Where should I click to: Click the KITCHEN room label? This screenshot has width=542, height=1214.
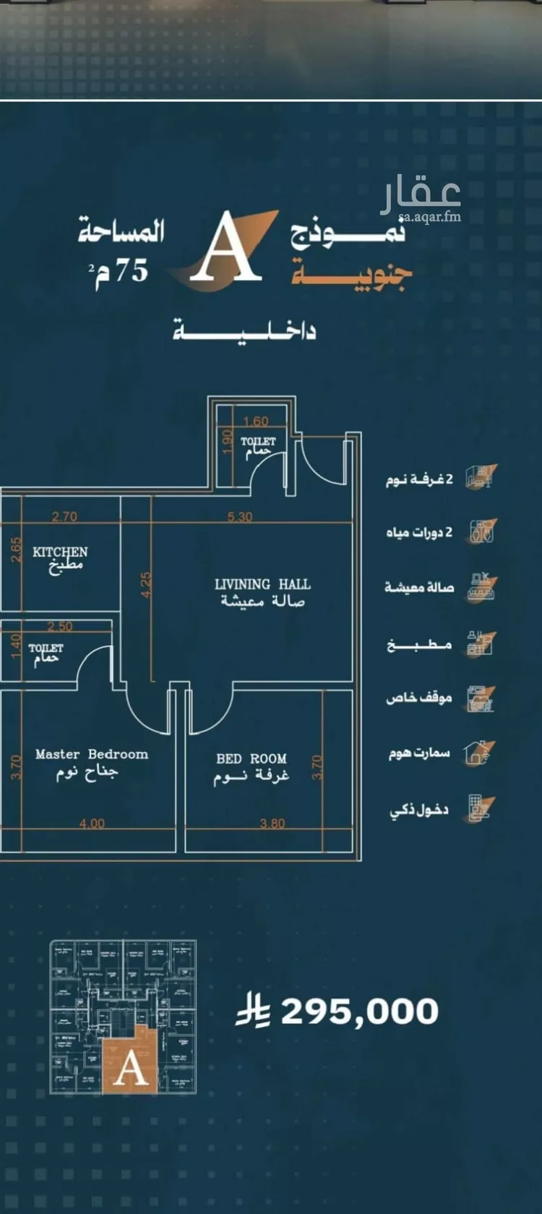(60, 552)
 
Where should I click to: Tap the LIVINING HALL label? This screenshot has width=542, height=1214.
(262, 584)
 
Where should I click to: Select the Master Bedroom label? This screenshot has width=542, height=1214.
(92, 754)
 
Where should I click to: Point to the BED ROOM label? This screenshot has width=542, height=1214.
(251, 758)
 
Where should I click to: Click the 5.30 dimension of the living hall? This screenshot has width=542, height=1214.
(240, 517)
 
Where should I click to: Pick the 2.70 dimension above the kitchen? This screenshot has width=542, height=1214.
(64, 517)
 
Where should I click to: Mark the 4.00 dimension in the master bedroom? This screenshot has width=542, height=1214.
(92, 823)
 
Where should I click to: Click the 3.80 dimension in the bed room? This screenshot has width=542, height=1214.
(272, 823)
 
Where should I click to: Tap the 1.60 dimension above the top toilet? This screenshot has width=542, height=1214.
(255, 422)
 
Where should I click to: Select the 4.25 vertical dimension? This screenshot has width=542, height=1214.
(145, 585)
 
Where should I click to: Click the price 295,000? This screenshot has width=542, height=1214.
(359, 1012)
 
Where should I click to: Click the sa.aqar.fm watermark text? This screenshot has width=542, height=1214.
(430, 215)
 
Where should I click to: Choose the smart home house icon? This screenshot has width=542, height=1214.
(479, 753)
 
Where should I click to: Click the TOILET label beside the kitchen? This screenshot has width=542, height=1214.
(46, 648)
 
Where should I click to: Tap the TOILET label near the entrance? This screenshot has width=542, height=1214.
(258, 441)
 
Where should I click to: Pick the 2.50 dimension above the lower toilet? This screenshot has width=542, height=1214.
(61, 626)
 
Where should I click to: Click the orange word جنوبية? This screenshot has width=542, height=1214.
(352, 275)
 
